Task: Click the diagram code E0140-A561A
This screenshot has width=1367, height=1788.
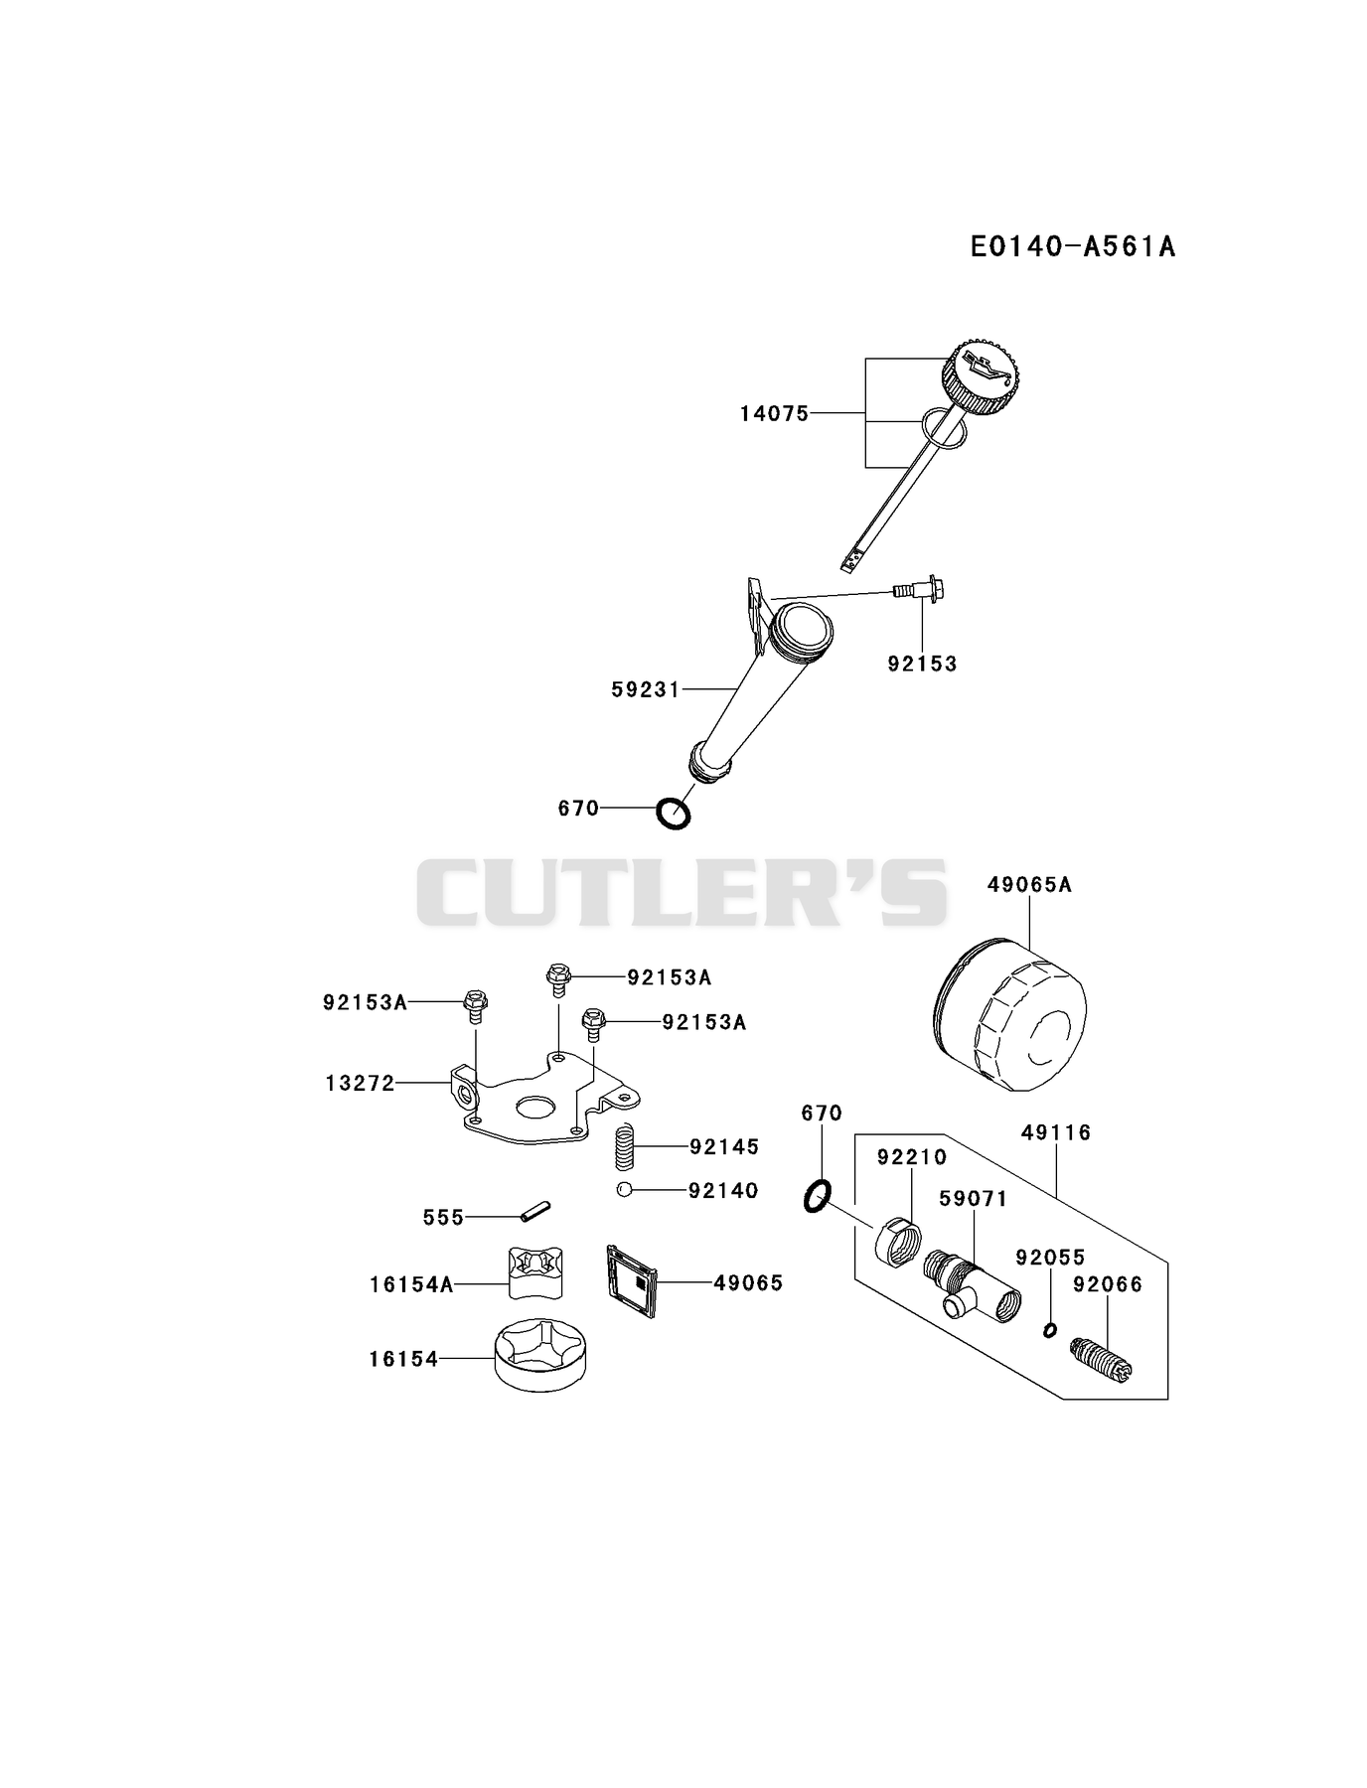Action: [1073, 245]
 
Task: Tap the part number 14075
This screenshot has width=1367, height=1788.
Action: [774, 413]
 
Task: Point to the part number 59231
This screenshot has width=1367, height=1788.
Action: [646, 689]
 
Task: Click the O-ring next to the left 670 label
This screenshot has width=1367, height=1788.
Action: [674, 814]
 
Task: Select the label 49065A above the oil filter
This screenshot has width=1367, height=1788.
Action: [1029, 884]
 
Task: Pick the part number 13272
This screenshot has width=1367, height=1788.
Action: [360, 1083]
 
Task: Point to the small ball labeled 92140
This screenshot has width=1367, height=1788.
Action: [623, 1190]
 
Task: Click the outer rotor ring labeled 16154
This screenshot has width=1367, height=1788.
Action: [540, 1351]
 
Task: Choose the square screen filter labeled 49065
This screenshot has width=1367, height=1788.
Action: [632, 1282]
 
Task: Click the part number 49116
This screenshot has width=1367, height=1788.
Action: [1056, 1132]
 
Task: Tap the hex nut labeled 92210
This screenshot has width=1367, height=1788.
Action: [897, 1242]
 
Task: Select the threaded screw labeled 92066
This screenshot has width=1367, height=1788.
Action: [1102, 1360]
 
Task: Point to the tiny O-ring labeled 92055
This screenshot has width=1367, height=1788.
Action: [1049, 1330]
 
